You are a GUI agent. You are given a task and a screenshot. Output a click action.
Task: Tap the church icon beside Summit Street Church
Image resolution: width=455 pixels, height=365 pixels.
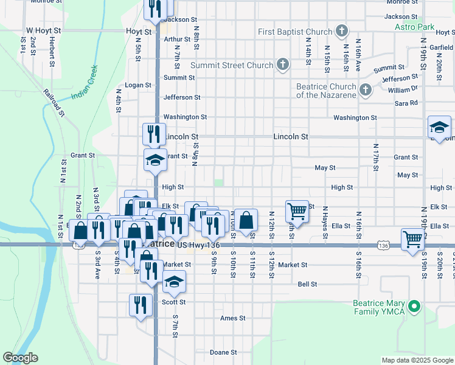point(283,64)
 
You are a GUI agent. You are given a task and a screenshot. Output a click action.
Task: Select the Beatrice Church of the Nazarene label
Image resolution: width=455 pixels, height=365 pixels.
point(326,91)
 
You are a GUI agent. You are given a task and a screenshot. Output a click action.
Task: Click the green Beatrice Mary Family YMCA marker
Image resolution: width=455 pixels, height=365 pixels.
point(415,306)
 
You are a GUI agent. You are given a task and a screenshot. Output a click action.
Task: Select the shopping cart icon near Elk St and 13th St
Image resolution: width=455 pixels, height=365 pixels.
point(297,210)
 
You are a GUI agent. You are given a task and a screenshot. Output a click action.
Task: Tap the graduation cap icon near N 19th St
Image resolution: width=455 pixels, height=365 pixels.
point(439,127)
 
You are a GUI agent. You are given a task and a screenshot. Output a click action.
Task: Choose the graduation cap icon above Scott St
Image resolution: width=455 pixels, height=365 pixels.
point(174,281)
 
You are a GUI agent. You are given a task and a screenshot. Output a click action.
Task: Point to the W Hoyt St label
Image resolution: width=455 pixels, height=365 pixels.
point(44,29)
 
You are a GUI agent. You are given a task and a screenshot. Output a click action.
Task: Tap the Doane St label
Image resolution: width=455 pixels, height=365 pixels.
point(223,352)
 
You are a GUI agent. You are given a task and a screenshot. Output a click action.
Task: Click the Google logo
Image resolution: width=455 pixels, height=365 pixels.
point(20,358)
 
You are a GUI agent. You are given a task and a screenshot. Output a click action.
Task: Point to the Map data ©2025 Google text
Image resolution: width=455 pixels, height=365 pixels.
point(417,360)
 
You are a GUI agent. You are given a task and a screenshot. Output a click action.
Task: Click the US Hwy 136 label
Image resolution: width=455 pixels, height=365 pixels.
point(198,245)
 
